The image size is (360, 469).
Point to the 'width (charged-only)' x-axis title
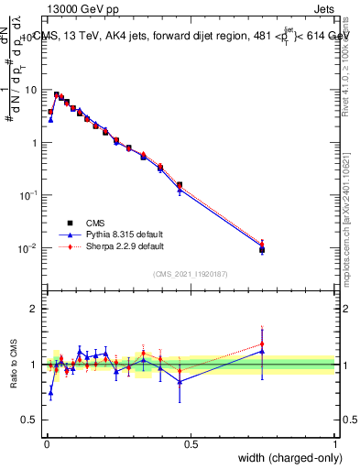click(x=285, y=458)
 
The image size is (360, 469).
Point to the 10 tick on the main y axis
click(x=31, y=90)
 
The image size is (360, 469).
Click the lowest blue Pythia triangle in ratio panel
click(x=50, y=392)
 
